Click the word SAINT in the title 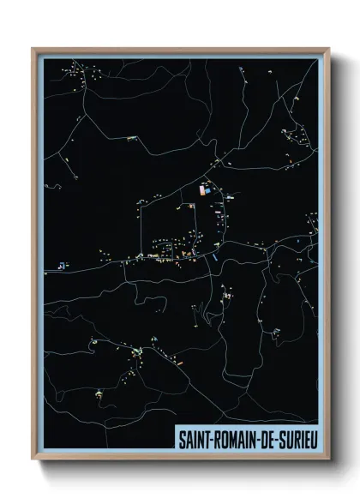(x=193, y=437)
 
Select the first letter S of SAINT (x=181, y=437)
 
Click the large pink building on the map (x=203, y=190)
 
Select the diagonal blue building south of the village (x=215, y=255)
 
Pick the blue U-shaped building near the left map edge (x=61, y=266)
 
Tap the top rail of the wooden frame (x=180, y=50)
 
